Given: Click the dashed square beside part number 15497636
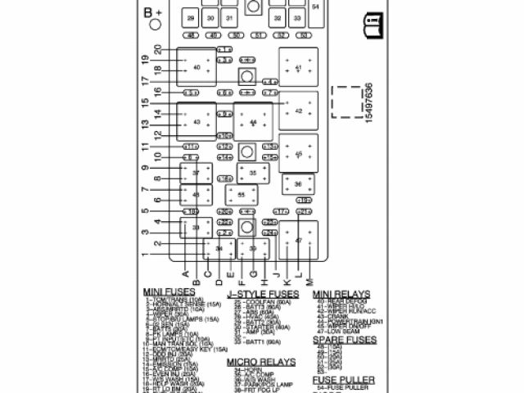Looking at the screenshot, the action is point(346,102).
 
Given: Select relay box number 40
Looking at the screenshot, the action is point(196,67).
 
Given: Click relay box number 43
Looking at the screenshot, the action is point(196,122).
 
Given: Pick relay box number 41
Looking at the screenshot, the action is point(298,67).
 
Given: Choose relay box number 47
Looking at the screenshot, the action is point(299,241).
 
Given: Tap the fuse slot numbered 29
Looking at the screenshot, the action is point(190,17).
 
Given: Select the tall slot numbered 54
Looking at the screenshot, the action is point(316,7).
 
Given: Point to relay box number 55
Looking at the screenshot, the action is point(242,195).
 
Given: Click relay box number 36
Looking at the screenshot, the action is point(298,185).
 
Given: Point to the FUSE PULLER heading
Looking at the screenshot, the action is point(344,381).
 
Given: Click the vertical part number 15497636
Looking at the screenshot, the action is point(369,102).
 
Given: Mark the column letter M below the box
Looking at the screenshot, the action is point(309,281).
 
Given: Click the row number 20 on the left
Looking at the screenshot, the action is point(157,50).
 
